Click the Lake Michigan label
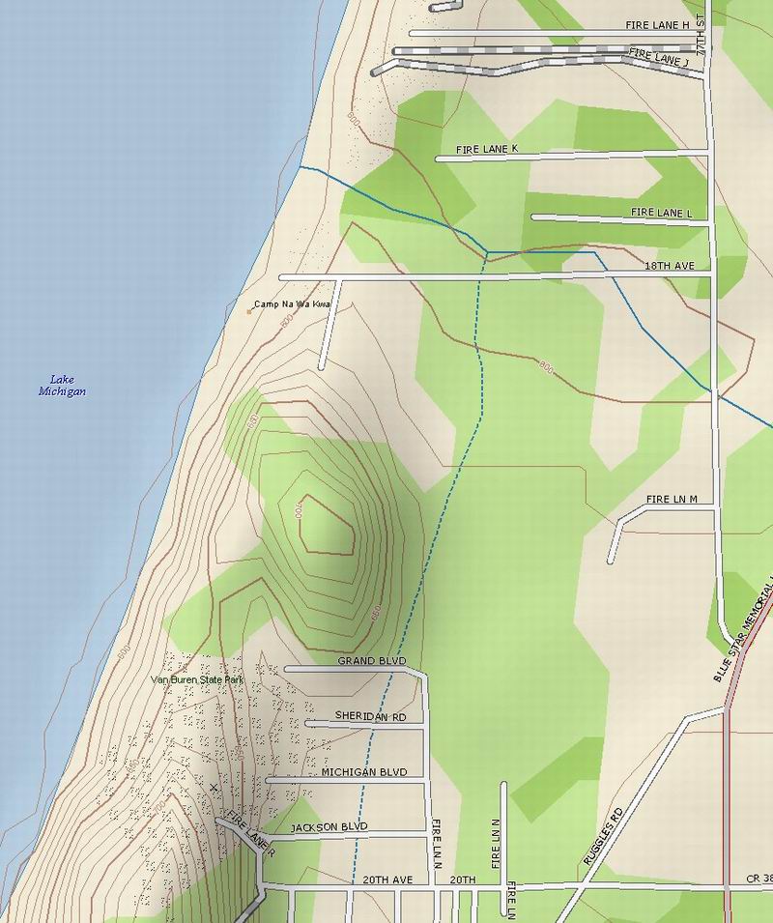coord(63,386)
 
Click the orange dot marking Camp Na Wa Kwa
coord(249,311)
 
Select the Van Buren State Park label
coord(198,680)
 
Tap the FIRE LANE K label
coord(487,149)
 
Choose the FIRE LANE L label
coord(662,212)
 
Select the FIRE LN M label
coord(672,499)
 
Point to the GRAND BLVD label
coord(372,662)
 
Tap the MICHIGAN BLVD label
coord(364,772)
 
